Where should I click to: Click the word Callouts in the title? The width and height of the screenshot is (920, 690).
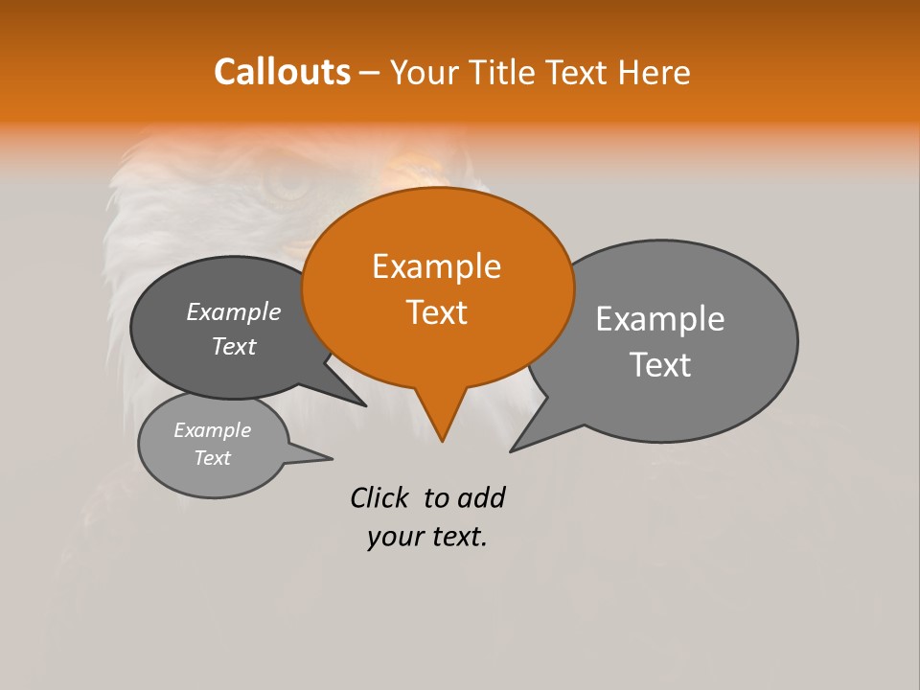[282, 72]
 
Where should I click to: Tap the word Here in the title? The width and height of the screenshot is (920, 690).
[654, 73]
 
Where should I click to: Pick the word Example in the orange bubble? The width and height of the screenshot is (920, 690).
[436, 266]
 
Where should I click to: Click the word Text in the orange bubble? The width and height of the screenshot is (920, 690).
[437, 312]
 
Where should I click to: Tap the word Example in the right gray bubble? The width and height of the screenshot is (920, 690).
[660, 319]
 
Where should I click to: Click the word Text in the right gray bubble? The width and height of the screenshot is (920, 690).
[660, 365]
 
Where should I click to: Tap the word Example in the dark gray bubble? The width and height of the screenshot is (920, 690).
[234, 312]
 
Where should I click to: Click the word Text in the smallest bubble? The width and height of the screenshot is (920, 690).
[213, 458]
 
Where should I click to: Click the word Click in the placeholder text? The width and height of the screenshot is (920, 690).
[379, 497]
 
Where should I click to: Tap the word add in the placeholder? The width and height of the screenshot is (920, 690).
[480, 497]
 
